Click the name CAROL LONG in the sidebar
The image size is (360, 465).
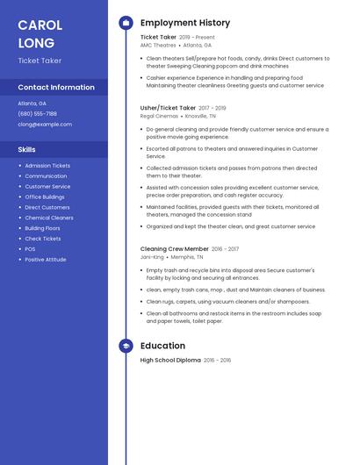click(x=40, y=34)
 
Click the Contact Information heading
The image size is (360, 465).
click(x=56, y=88)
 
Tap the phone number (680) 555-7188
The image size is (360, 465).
click(x=37, y=113)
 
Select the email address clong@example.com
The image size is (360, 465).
click(x=45, y=124)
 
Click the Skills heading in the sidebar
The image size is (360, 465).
click(x=26, y=150)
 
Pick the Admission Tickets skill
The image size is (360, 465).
click(x=47, y=166)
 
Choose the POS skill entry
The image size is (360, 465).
click(x=30, y=249)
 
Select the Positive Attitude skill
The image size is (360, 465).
click(x=46, y=260)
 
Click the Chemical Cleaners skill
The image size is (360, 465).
click(x=49, y=218)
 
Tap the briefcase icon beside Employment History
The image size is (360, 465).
click(x=126, y=23)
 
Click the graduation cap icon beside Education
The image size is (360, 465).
click(x=126, y=346)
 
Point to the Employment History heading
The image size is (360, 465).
click(x=185, y=23)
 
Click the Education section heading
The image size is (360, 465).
click(x=162, y=346)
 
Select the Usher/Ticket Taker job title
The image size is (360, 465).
click(x=168, y=107)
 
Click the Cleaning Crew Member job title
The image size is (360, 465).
click(x=175, y=249)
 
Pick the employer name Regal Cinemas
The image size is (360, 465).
click(x=160, y=115)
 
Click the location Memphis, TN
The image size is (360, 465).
click(x=187, y=257)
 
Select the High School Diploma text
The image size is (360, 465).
click(x=170, y=361)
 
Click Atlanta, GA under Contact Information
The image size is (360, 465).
click(x=32, y=103)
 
